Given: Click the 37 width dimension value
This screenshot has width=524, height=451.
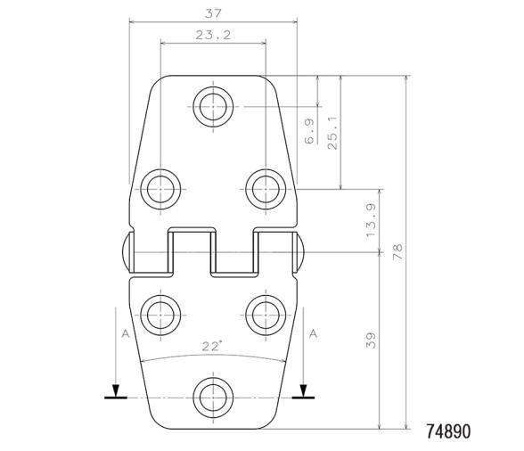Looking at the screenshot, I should click(212, 13).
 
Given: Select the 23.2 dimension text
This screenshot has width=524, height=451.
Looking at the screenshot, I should click(212, 36).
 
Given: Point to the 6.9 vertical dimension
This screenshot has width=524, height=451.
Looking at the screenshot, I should click(309, 133).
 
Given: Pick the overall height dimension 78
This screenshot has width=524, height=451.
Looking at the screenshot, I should click(398, 253).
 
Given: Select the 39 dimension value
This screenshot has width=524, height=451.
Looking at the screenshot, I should click(371, 340).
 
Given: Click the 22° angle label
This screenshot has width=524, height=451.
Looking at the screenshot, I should click(211, 347).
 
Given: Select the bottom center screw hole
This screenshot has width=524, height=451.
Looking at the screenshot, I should click(212, 395).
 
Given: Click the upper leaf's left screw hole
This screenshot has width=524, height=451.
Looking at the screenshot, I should click(160, 188).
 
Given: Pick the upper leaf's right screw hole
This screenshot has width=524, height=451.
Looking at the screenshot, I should click(264, 188).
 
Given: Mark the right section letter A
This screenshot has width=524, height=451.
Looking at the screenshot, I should click(313, 332).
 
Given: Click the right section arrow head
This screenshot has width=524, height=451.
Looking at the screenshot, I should click(305, 389).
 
